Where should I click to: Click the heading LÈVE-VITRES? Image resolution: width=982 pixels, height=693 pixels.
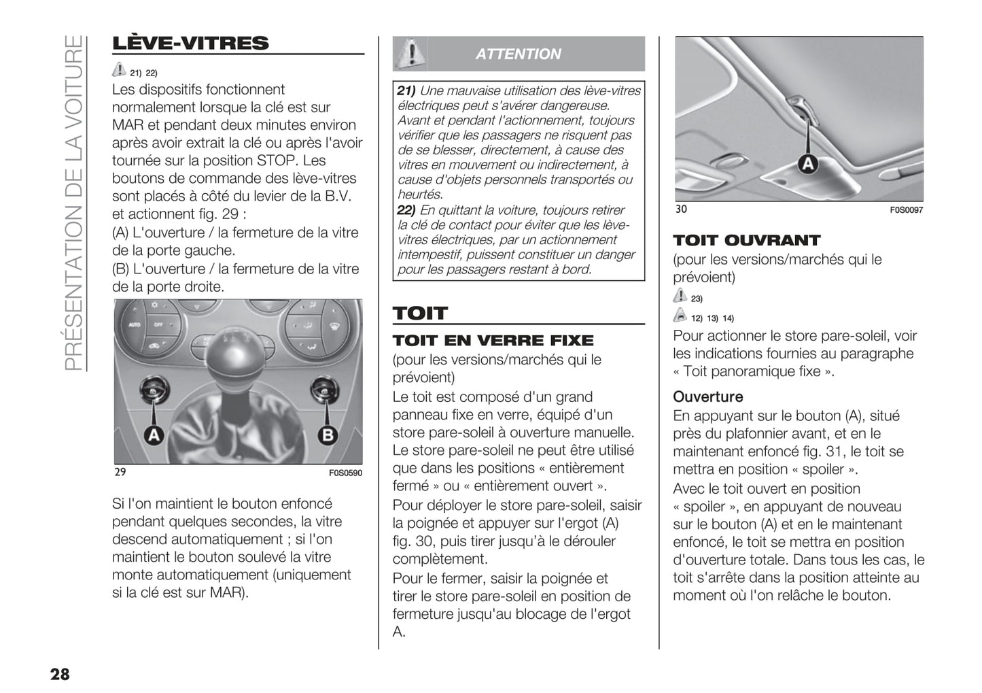pyautogui.click(x=190, y=43)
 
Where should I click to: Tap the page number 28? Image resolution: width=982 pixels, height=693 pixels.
pyautogui.click(x=60, y=674)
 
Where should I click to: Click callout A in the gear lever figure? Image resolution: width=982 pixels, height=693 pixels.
pyautogui.click(x=154, y=435)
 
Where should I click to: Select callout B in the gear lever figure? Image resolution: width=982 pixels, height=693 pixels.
pyautogui.click(x=328, y=435)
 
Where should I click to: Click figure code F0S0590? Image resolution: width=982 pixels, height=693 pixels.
pyautogui.click(x=345, y=473)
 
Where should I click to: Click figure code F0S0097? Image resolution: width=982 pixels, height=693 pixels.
pyautogui.click(x=907, y=210)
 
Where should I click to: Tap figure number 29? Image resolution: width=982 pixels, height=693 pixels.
pyautogui.click(x=120, y=472)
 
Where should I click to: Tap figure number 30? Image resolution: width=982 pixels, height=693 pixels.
pyautogui.click(x=681, y=209)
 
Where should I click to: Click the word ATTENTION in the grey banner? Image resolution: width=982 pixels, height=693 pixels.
pyautogui.click(x=519, y=54)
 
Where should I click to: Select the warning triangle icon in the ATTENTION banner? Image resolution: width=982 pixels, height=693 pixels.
pyautogui.click(x=410, y=54)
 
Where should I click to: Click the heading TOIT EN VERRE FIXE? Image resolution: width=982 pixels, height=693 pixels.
pyautogui.click(x=493, y=341)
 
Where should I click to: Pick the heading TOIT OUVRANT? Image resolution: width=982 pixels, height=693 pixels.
pyautogui.click(x=746, y=240)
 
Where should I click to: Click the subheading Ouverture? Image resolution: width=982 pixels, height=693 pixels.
pyautogui.click(x=707, y=396)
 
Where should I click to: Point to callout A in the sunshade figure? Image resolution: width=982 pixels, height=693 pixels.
pyautogui.click(x=807, y=164)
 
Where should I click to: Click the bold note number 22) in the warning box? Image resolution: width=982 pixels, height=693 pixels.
pyautogui.click(x=406, y=210)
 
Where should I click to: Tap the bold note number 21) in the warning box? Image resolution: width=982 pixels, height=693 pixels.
pyautogui.click(x=406, y=90)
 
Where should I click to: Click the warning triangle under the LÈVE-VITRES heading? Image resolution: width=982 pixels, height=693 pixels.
pyautogui.click(x=119, y=69)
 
